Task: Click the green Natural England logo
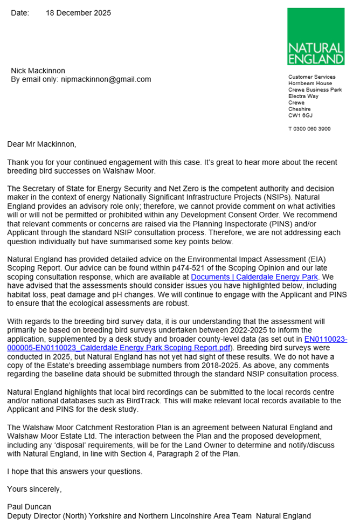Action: point(315,37)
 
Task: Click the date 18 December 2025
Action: point(78,13)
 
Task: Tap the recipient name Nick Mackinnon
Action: point(39,71)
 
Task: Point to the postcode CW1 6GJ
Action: point(300,115)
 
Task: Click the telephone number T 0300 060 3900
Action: point(309,129)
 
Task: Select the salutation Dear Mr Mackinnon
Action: point(41,144)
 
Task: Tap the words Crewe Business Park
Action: point(315,90)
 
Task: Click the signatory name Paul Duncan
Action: point(29,507)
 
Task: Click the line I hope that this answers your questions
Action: point(75,472)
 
